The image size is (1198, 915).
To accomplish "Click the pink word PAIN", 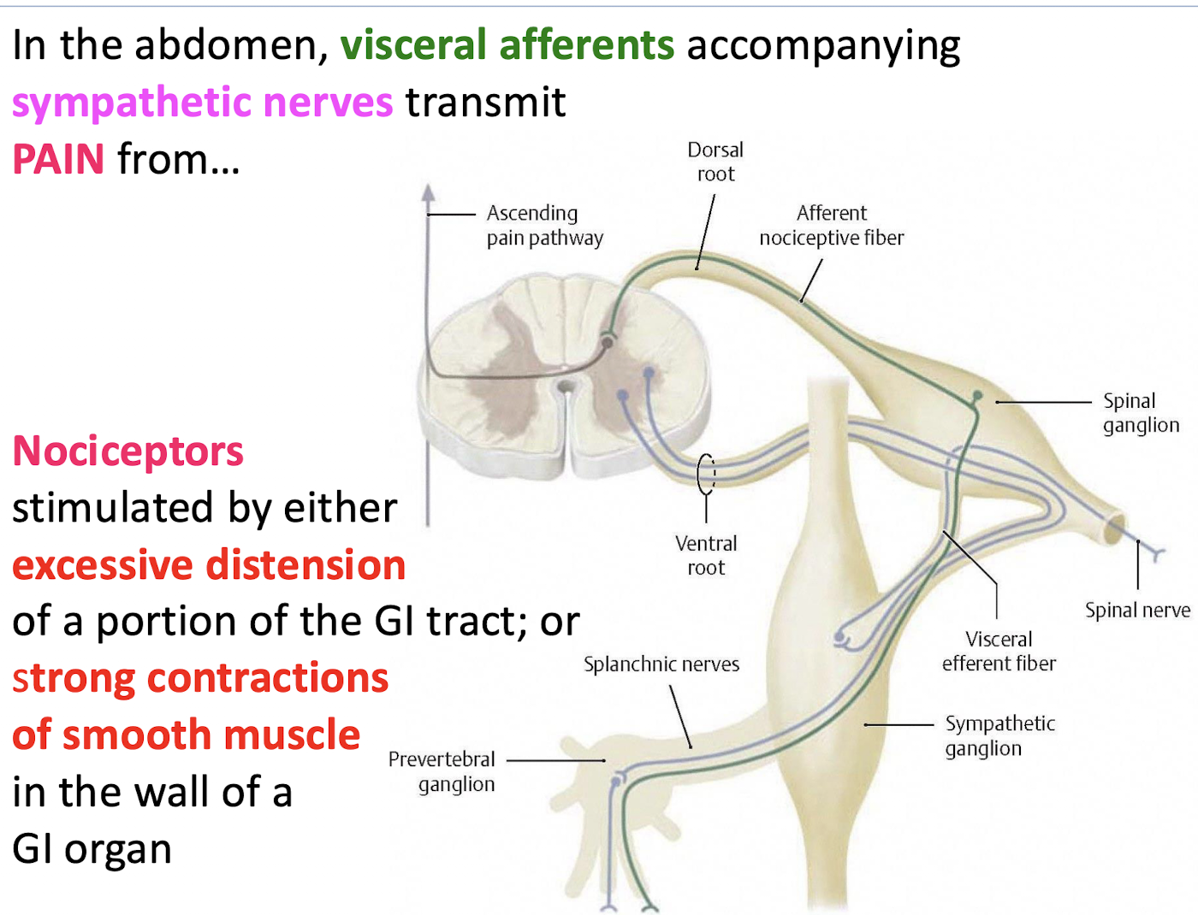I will [x=58, y=160].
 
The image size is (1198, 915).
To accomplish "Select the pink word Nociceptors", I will [x=128, y=451].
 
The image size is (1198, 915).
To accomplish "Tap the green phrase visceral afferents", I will [x=507, y=44].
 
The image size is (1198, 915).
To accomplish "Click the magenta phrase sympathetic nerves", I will [x=202, y=103].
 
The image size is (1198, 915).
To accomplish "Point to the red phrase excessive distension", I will [x=209, y=565].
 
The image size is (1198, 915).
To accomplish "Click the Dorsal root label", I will [x=715, y=162].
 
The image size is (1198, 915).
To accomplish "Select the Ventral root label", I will [x=706, y=555].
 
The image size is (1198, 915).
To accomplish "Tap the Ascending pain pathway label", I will [x=544, y=225].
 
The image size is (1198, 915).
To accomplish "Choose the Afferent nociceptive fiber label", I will [x=831, y=225].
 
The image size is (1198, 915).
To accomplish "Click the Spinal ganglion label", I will [x=1140, y=413].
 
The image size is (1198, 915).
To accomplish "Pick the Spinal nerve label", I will [x=1137, y=610].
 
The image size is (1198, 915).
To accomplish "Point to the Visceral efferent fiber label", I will [x=999, y=651].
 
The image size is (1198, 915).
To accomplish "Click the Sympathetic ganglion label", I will [x=999, y=735].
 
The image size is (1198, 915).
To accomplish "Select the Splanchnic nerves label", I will [x=661, y=664].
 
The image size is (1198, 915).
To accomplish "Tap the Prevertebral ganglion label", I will [x=442, y=771].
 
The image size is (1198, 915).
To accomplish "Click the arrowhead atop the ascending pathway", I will [x=428, y=192].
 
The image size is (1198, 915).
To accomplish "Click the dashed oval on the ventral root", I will [x=706, y=474].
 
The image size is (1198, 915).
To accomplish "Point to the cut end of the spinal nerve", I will [x=1115, y=529].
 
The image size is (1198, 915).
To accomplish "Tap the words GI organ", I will [x=92, y=849].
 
